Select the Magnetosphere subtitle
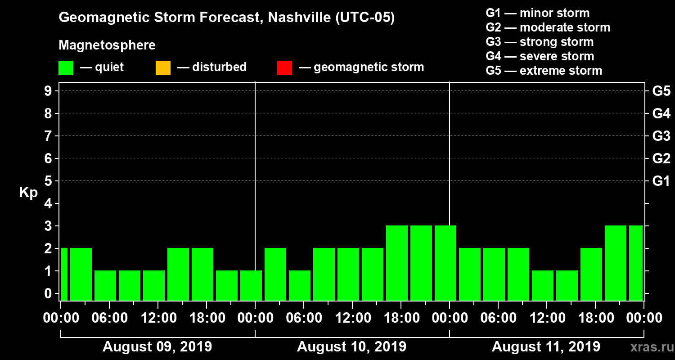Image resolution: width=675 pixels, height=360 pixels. (x=107, y=45)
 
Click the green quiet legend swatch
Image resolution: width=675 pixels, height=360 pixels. (x=66, y=68)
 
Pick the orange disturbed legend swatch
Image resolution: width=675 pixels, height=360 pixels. (x=163, y=68)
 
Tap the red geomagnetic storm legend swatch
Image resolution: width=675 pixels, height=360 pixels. (x=284, y=68)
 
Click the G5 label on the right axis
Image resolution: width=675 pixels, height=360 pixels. (x=661, y=91)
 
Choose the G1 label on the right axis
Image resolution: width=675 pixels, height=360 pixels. (x=661, y=181)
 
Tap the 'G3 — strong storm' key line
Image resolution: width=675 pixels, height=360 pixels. (x=540, y=42)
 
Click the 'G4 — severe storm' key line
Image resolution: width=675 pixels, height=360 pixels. (x=540, y=56)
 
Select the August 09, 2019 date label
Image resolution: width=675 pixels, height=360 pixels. (x=157, y=347)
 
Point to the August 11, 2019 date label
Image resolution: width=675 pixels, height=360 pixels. (x=546, y=347)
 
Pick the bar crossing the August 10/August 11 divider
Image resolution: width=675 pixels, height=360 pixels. (x=445, y=263)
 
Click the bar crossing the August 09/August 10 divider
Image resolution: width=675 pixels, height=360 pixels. (x=251, y=285)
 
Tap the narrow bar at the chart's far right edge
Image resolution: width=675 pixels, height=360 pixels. (x=636, y=263)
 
